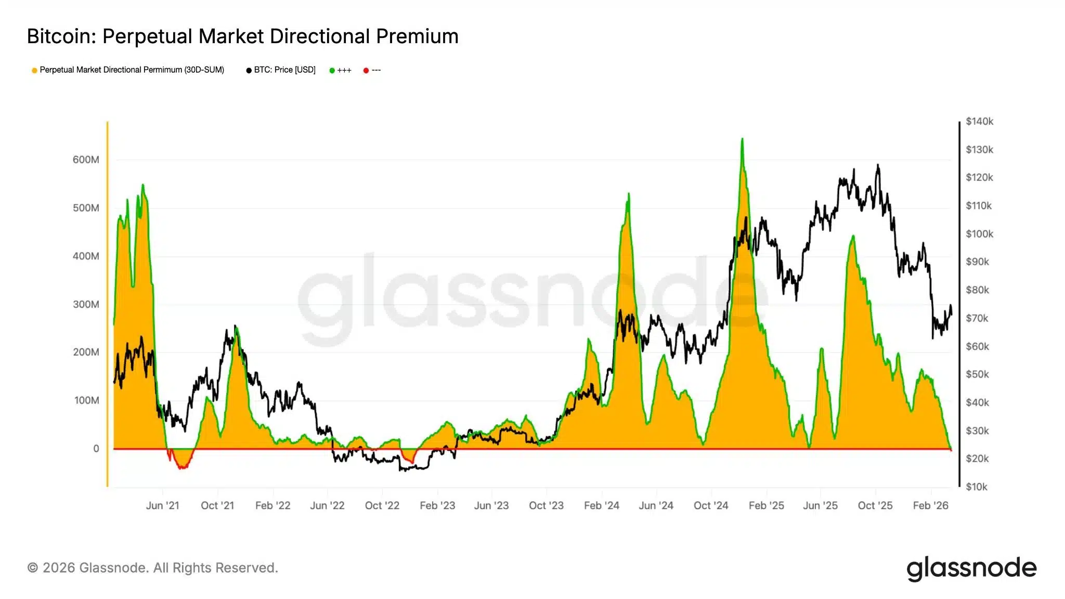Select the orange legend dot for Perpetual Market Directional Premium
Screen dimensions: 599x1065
tap(34, 71)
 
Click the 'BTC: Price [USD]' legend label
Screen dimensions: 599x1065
tap(284, 70)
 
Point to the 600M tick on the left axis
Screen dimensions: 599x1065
tap(86, 160)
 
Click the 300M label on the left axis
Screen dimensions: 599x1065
tap(86, 304)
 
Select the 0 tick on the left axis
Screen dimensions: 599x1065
tap(96, 449)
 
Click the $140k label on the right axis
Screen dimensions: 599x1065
tap(979, 122)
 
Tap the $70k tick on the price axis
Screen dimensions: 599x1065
tap(977, 318)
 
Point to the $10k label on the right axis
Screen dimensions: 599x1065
tap(976, 487)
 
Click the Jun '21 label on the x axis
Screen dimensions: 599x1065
tap(162, 505)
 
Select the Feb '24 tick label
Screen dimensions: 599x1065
tap(601, 505)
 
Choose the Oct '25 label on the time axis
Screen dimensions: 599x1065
tap(875, 505)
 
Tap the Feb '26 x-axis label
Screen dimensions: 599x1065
tap(930, 505)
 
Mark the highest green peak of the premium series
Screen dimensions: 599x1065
tap(742, 139)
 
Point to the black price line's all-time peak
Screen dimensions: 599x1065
tap(878, 165)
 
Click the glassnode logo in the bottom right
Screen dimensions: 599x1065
tap(971, 568)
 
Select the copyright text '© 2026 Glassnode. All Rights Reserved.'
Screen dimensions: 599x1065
tap(152, 568)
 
